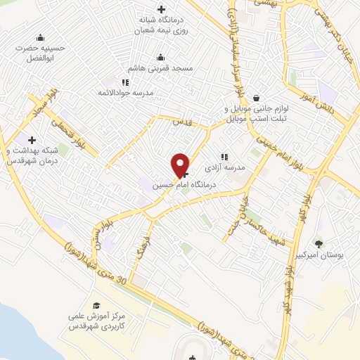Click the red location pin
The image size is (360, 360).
tap(181, 165)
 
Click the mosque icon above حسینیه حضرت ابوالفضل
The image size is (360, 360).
tap(40, 37)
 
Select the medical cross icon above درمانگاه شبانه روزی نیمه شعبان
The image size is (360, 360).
tap(162, 9)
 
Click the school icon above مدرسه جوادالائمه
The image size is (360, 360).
tap(126, 82)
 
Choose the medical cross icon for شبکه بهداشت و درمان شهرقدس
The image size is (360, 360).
tap(32, 141)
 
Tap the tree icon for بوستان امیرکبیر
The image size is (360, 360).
tap(320, 243)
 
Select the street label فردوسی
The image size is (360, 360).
tap(146, 240)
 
